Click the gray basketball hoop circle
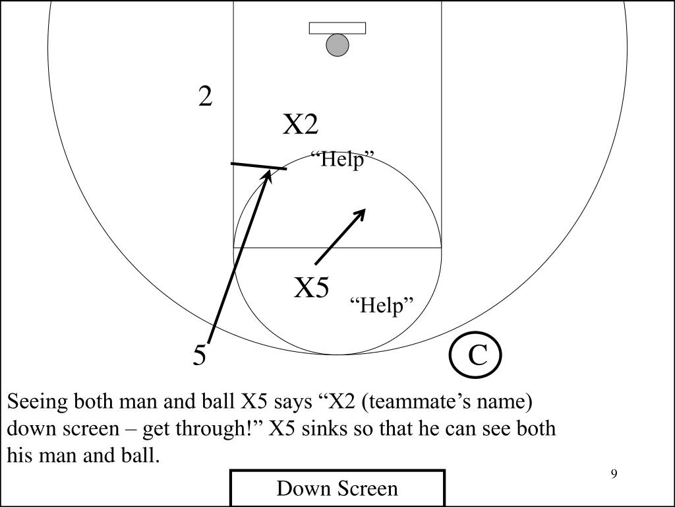337,45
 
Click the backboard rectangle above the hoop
337,28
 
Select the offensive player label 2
206,98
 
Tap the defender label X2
301,125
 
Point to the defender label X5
311,288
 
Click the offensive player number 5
200,356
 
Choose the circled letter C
477,356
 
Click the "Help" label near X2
342,160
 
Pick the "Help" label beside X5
382,306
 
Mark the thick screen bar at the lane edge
258,166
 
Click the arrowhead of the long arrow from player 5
268,174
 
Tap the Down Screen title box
337,489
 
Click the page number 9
614,474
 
